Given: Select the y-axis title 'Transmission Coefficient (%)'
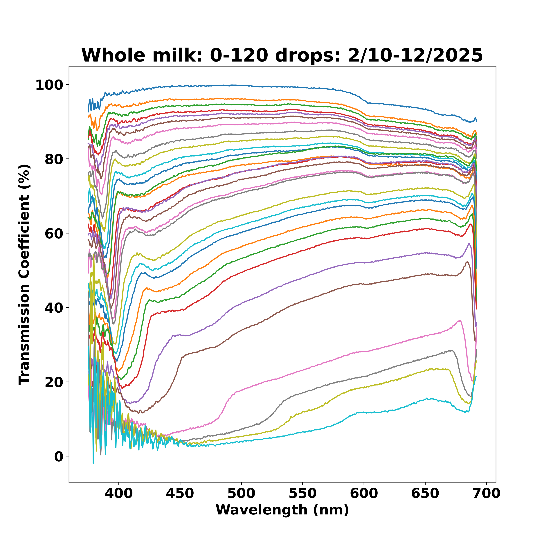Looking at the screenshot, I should [x=25, y=274].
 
